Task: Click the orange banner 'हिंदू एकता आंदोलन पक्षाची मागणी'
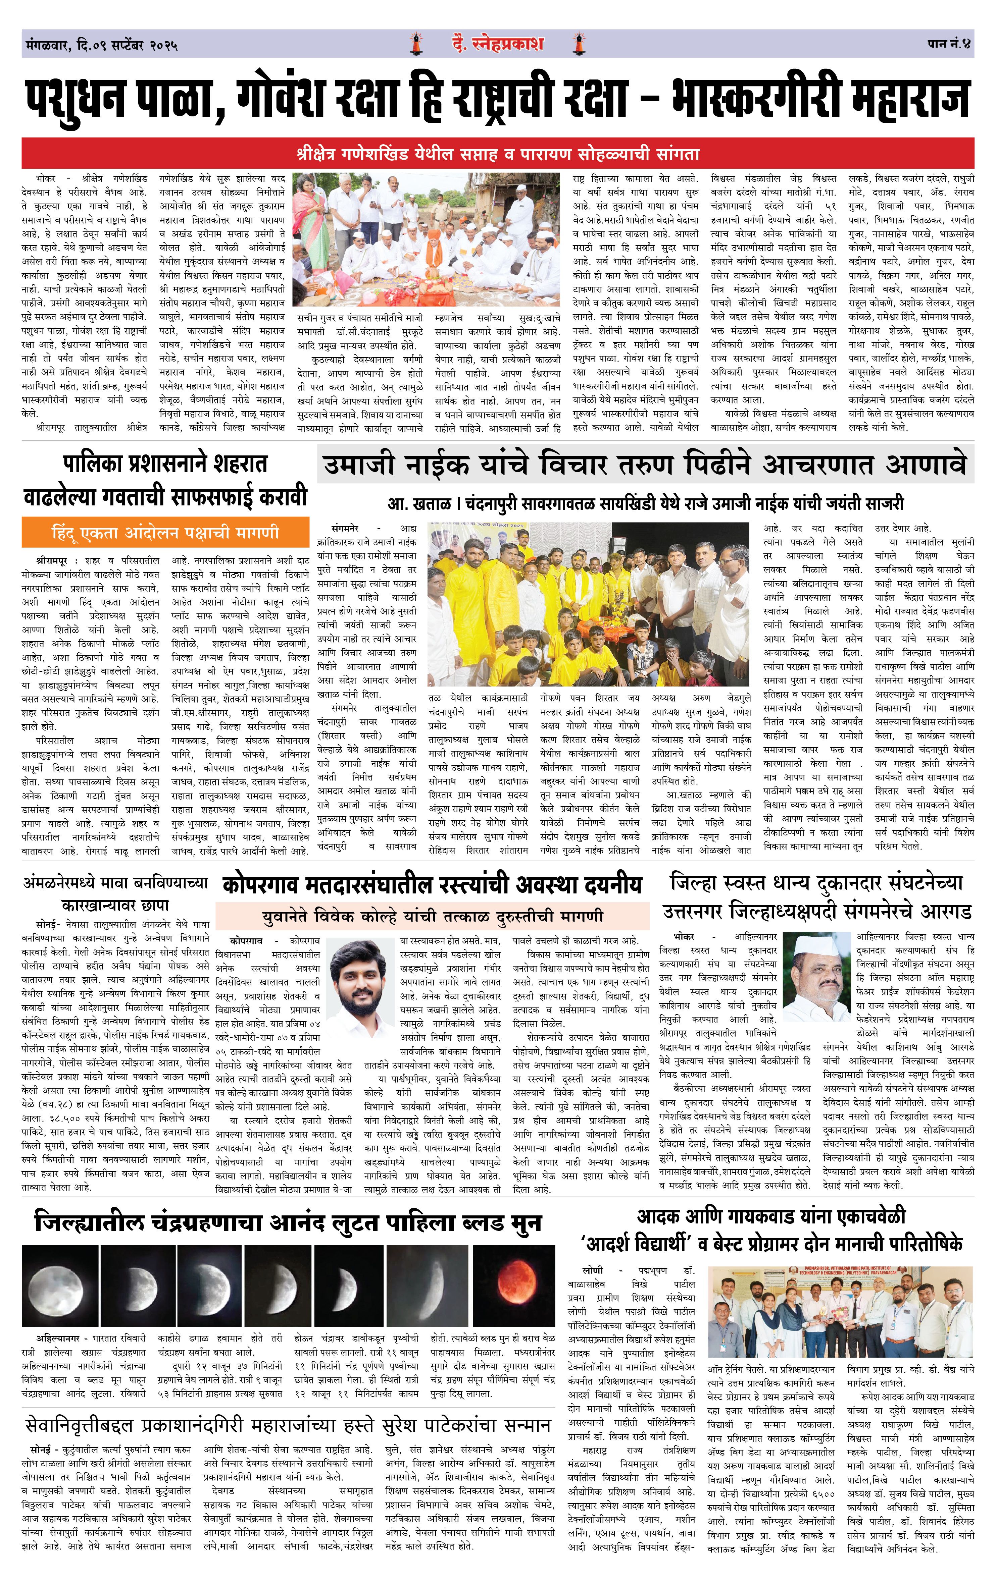click(x=165, y=532)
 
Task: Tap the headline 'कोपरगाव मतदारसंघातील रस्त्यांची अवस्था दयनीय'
click(x=432, y=884)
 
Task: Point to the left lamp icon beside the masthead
click(x=416, y=44)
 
